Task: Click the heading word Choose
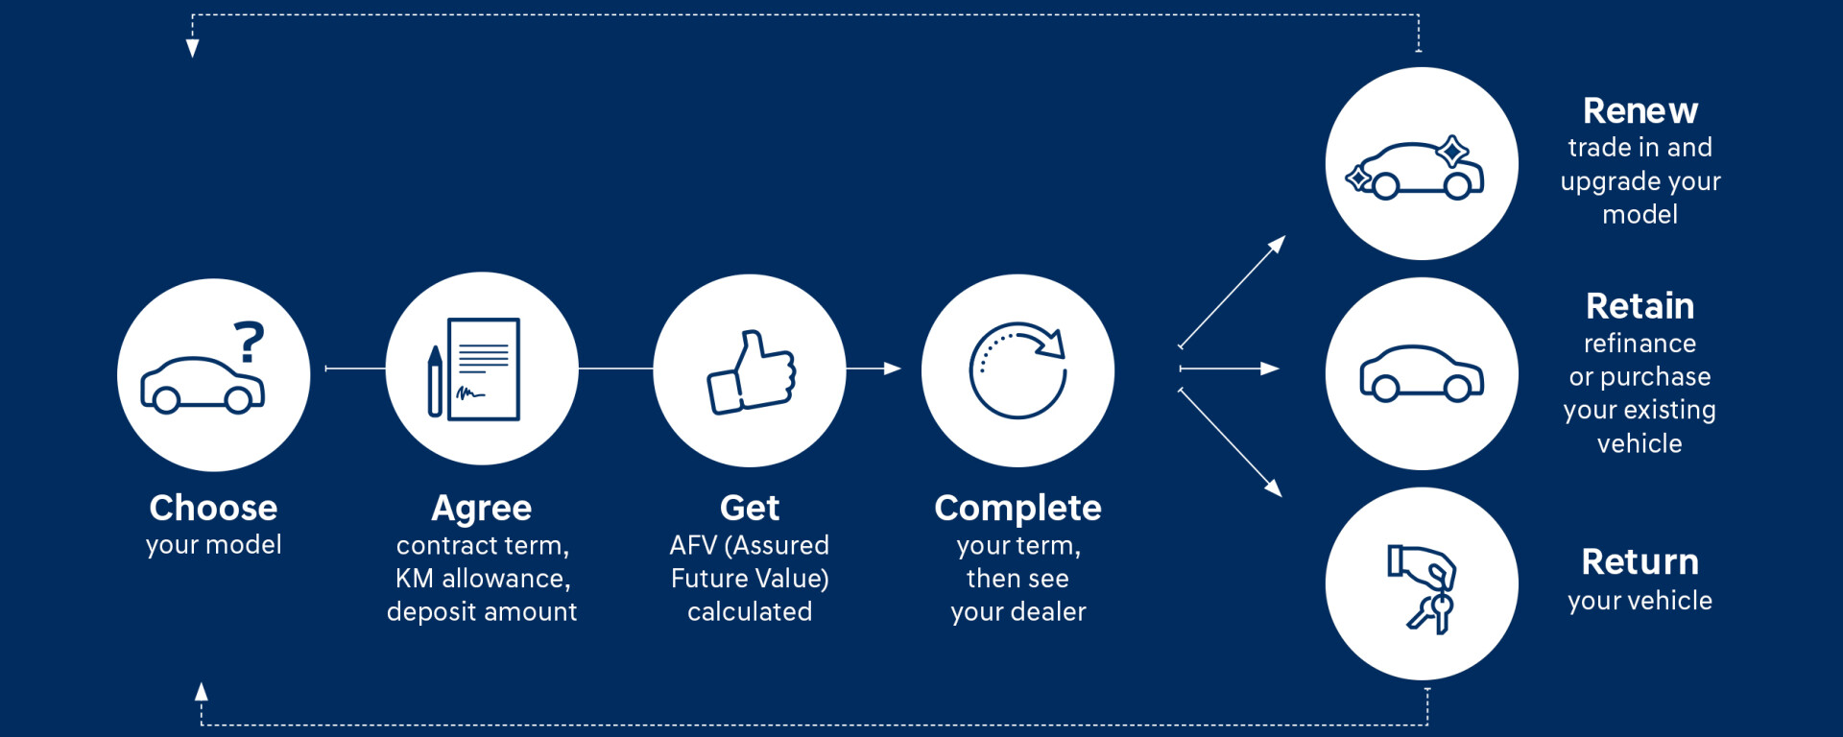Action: click(x=213, y=508)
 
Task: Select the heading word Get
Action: click(x=750, y=508)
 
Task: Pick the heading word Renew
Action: click(x=1640, y=111)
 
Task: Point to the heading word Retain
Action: click(x=1640, y=306)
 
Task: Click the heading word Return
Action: click(x=1640, y=562)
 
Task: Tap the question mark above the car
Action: click(x=250, y=342)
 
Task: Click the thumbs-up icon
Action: click(x=752, y=372)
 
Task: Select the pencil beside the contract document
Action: click(x=435, y=381)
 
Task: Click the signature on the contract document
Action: click(x=470, y=392)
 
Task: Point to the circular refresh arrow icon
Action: click(x=1017, y=370)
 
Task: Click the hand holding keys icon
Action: click(x=1422, y=588)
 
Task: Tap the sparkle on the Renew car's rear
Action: click(x=1452, y=152)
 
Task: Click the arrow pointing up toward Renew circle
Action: click(x=1233, y=292)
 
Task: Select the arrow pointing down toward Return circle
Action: click(x=1231, y=442)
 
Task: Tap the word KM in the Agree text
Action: click(x=415, y=579)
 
